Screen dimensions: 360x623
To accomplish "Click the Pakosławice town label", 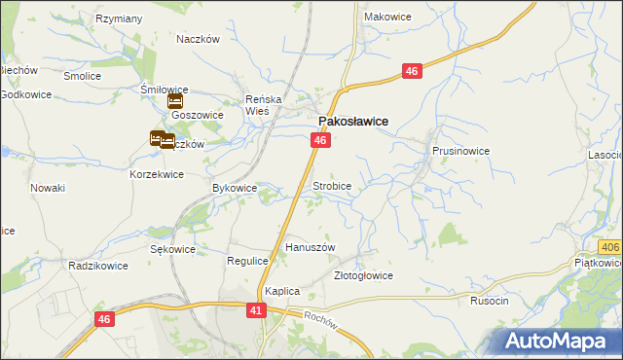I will point(353,121).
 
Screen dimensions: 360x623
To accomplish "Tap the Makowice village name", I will point(386,17).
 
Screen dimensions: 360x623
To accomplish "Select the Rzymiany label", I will point(120,18).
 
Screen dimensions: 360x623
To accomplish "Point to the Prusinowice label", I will point(460,152).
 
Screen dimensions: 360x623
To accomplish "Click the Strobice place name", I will point(331,185).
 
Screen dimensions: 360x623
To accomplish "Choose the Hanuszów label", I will point(310,247).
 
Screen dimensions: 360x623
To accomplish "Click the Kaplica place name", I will point(282,291).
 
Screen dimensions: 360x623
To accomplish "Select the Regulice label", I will point(247,261).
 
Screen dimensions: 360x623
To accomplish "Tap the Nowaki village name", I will point(47,187).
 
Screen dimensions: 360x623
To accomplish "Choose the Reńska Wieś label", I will point(263,105).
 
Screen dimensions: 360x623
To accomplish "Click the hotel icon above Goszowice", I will point(175,100).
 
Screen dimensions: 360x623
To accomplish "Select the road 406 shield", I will point(610,249).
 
